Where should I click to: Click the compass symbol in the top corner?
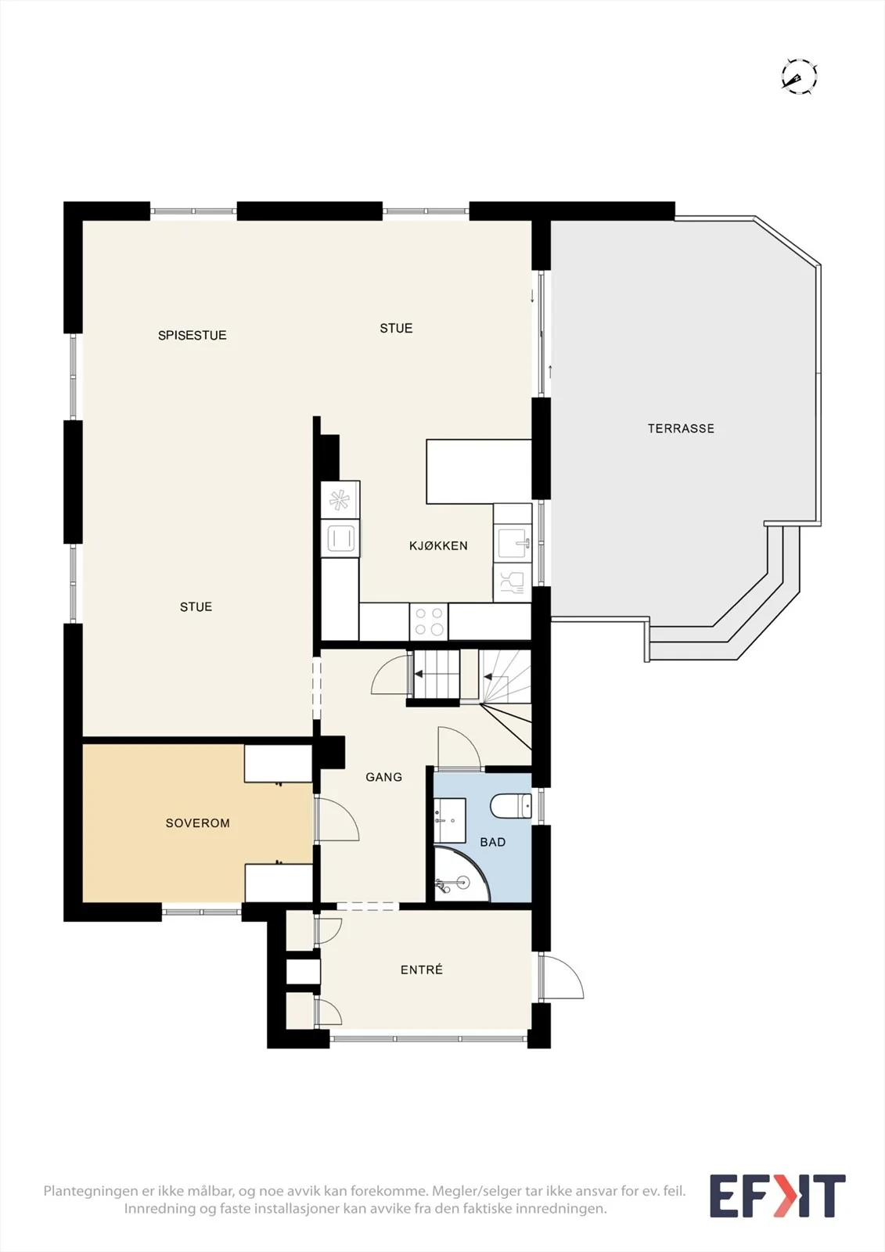pos(799,75)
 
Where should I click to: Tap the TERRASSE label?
pos(681,429)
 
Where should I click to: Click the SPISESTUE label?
pos(192,336)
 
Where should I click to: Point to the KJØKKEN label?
pos(438,545)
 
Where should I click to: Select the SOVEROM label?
pos(197,822)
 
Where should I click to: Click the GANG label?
pos(383,777)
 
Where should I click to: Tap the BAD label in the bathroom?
pos(492,842)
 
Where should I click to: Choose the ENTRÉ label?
pos(422,970)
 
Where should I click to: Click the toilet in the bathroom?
pos(511,806)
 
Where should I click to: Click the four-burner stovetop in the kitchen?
pos(429,621)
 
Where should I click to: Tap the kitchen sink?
pos(513,541)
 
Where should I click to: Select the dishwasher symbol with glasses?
pos(513,582)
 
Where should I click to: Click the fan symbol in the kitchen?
pos(340,500)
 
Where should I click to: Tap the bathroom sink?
pos(450,819)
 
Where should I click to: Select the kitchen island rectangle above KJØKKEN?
pos(479,471)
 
